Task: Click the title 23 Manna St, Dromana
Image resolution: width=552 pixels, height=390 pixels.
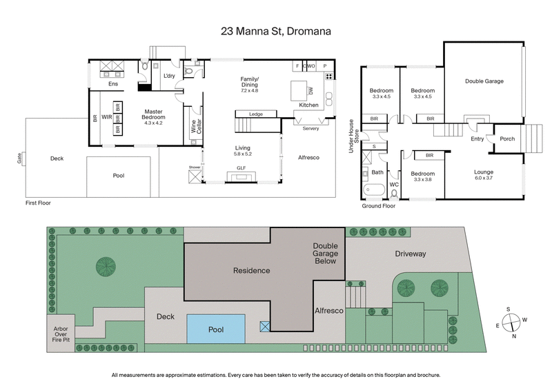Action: click(276, 31)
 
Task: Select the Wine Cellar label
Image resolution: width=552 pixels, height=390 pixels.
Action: click(194, 127)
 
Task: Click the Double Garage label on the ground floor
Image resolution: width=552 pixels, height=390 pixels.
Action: click(484, 81)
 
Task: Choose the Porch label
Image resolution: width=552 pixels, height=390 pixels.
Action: click(507, 138)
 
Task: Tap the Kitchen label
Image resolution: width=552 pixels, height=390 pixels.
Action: click(308, 105)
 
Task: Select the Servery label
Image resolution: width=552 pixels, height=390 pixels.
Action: click(310, 128)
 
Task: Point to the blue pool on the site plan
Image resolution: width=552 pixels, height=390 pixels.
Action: click(217, 329)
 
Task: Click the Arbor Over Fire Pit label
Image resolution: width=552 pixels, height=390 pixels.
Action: click(61, 333)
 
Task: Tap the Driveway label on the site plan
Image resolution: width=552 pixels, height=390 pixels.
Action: click(410, 254)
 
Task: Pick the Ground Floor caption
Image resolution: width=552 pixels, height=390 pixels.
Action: click(378, 205)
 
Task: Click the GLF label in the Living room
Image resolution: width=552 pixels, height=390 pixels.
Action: click(241, 168)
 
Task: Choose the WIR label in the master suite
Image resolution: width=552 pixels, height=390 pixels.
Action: click(106, 118)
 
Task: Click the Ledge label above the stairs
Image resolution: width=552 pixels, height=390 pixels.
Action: click(257, 114)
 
